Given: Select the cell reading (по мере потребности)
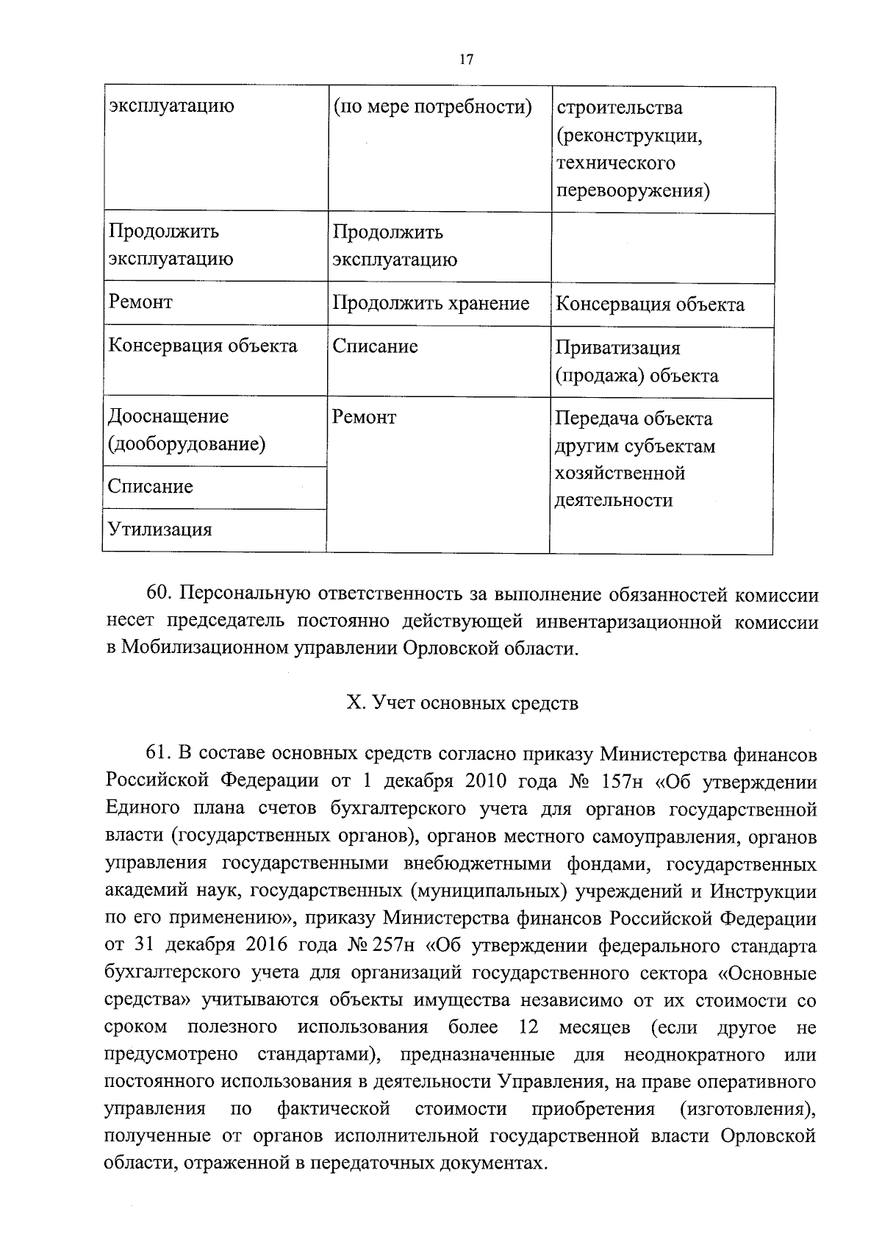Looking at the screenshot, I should [x=432, y=107].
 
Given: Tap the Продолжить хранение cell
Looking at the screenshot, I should [x=431, y=303].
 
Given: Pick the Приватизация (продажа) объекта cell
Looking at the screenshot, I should [x=637, y=362].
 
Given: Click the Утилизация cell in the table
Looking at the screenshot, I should [x=160, y=529].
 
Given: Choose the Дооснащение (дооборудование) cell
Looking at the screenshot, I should [x=187, y=430].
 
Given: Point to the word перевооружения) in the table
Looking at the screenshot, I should [x=633, y=191].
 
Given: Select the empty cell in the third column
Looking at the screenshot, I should [x=663, y=248].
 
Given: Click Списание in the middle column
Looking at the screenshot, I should [x=375, y=346].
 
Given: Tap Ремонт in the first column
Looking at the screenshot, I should [x=140, y=302].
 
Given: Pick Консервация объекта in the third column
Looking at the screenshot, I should [x=650, y=304].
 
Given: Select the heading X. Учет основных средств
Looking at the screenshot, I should [x=462, y=704].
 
